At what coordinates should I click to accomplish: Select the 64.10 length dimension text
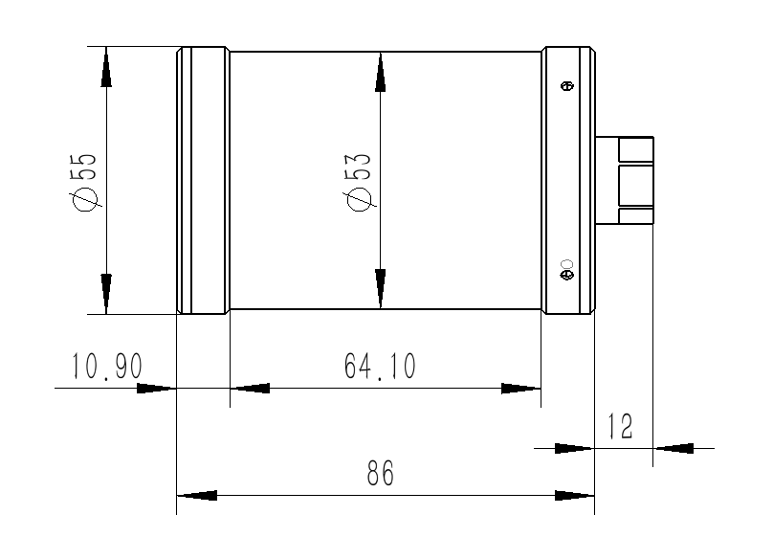click(x=381, y=367)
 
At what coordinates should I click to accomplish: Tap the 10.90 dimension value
click(x=106, y=367)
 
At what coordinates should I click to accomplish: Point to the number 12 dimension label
click(x=621, y=427)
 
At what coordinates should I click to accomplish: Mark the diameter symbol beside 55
click(x=85, y=198)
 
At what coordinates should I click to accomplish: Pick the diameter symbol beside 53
click(x=360, y=198)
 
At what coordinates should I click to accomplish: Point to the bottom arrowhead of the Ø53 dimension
click(x=381, y=289)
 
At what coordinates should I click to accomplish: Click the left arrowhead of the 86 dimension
click(x=197, y=496)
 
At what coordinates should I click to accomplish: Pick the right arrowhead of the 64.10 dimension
click(x=521, y=389)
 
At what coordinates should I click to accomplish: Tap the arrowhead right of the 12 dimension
click(x=674, y=447)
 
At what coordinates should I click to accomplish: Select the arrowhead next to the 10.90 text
click(x=156, y=389)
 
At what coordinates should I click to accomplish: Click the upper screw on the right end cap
click(x=566, y=87)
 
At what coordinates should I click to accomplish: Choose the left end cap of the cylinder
click(x=203, y=180)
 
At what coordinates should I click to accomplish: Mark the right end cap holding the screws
click(x=568, y=180)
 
